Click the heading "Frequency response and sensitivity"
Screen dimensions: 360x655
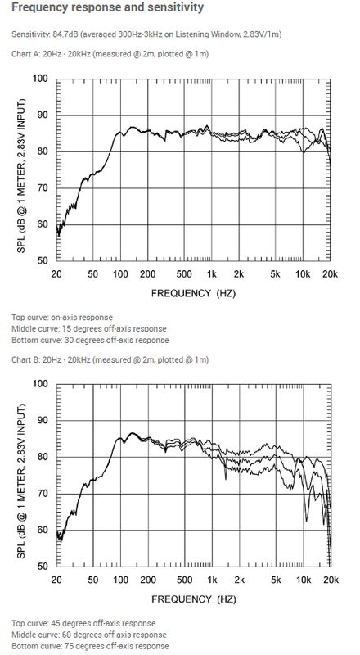[107, 7]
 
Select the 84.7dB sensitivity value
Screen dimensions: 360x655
[65, 34]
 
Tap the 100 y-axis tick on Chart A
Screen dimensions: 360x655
[41, 79]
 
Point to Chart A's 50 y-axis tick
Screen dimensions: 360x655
[43, 260]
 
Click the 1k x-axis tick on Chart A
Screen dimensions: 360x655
[212, 274]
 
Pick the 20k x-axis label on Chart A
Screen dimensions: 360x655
[330, 274]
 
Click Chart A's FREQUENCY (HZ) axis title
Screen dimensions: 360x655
[193, 293]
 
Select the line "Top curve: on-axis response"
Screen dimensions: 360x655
[62, 318]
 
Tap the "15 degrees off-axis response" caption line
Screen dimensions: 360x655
[89, 329]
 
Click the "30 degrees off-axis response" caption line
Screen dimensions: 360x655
[90, 340]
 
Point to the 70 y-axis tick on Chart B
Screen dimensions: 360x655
[43, 494]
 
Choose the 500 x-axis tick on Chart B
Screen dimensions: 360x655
[184, 580]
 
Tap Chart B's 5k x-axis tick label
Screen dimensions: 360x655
[275, 580]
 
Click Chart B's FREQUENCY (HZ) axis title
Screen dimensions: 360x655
[194, 599]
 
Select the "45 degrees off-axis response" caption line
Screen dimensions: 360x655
[83, 623]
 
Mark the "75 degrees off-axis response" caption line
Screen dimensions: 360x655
[90, 646]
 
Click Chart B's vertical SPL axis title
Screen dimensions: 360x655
[21, 481]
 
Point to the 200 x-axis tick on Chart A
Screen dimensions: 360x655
[148, 274]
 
